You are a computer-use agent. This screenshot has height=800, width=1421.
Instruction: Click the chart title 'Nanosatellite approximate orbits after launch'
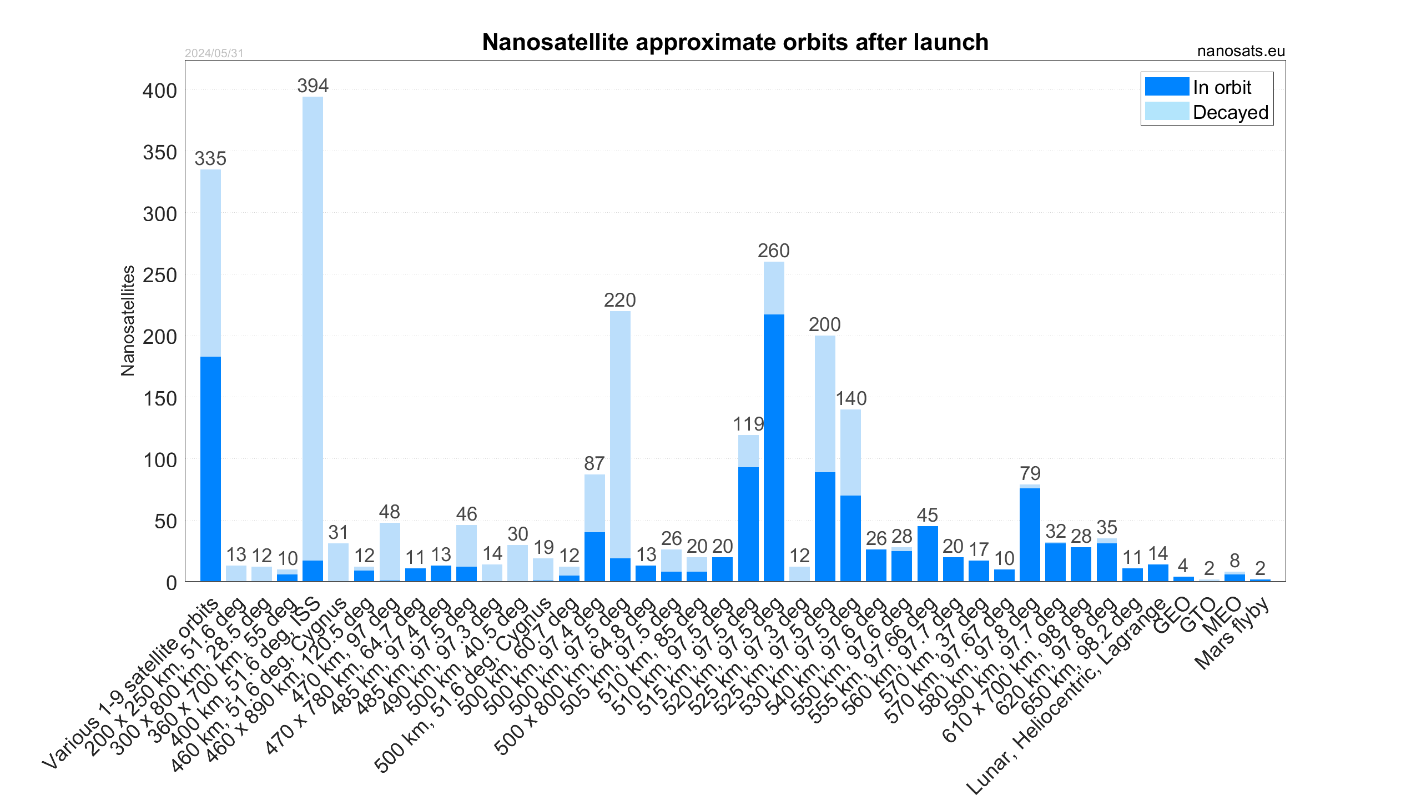coord(735,42)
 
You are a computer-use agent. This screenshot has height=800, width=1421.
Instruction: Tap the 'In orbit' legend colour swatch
coord(1166,87)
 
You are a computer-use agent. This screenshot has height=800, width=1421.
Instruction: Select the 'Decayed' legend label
coord(1230,112)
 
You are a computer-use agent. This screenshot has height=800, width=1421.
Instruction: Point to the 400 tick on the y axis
coord(160,91)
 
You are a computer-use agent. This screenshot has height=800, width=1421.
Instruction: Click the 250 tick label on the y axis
coord(160,275)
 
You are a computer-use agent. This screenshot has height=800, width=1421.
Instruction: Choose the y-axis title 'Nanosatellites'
coord(128,321)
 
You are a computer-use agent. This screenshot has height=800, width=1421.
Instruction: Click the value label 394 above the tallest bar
coord(313,86)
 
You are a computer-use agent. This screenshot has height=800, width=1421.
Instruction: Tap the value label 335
coord(210,158)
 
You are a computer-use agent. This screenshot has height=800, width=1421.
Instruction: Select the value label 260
coord(773,251)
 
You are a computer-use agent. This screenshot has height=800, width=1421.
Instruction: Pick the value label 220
coord(619,300)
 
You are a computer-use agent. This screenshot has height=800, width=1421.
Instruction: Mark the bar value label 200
coord(824,324)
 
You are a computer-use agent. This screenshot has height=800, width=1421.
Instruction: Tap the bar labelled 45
coord(928,553)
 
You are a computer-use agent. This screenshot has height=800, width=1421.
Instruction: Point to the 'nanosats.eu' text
coord(1241,51)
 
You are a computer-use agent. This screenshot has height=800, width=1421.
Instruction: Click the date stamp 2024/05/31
coord(214,53)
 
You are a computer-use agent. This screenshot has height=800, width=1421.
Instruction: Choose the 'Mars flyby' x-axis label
coord(1231,633)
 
